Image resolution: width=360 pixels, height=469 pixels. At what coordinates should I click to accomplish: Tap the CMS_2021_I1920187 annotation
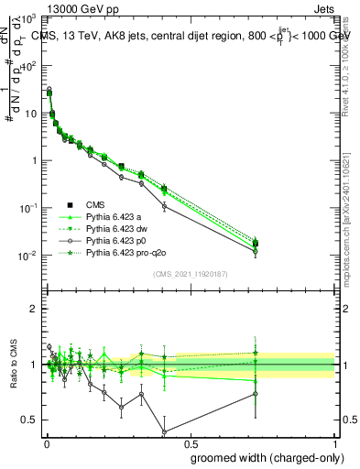click(x=190, y=274)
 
